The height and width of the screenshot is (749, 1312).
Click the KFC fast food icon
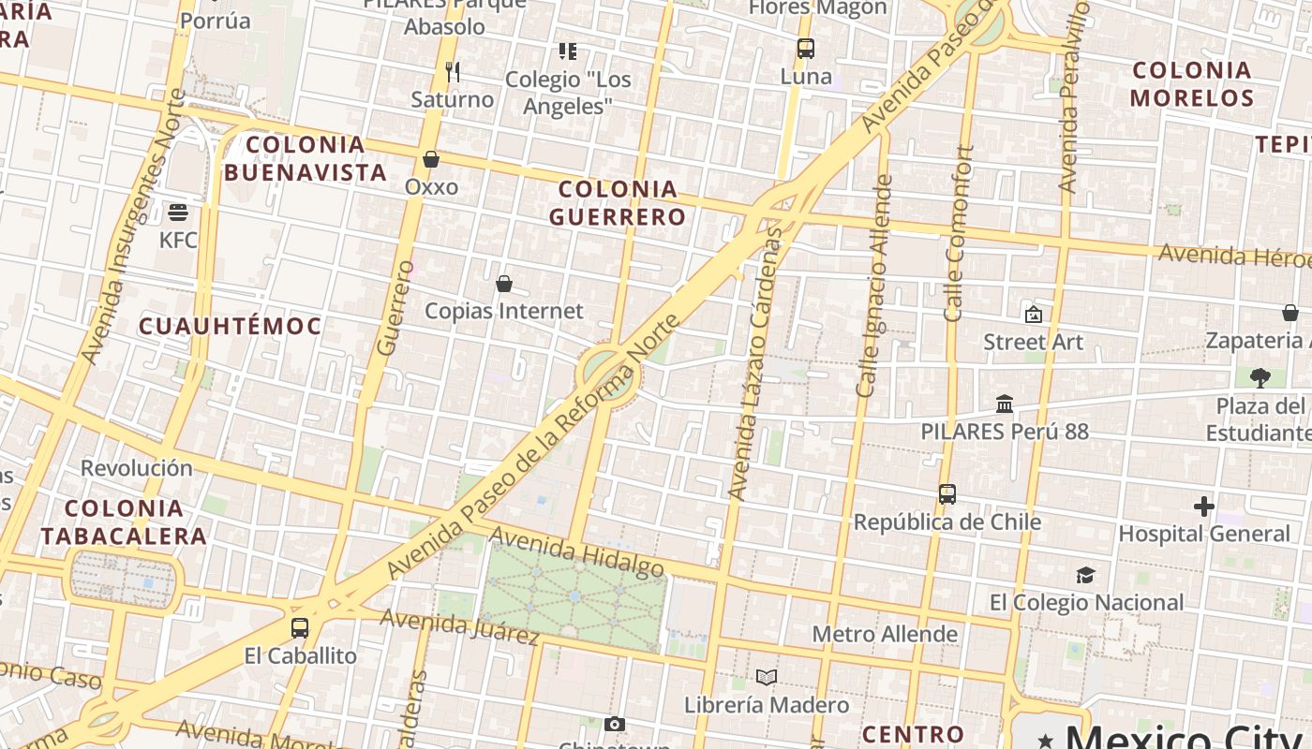coord(178,212)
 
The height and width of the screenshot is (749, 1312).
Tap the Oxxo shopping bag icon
coord(431,159)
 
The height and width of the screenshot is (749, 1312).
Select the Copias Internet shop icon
coord(504,283)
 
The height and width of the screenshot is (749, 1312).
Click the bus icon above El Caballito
coord(300,628)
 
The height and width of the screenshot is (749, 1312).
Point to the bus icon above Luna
coord(806,49)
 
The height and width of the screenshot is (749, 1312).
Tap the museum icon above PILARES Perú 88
coord(1005,404)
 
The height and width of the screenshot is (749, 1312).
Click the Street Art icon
coord(1034,315)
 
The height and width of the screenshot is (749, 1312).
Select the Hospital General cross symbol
coord(1204,507)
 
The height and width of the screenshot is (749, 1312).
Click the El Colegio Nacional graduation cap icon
coord(1085,575)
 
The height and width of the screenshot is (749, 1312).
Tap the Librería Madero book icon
coord(767,677)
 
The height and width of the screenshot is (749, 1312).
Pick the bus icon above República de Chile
coord(947,493)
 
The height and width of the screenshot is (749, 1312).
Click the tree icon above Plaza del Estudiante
coord(1260,378)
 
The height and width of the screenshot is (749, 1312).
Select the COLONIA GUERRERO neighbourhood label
coord(618,203)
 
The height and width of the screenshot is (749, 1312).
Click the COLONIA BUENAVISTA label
coord(306,158)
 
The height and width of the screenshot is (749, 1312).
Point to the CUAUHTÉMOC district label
coord(231,326)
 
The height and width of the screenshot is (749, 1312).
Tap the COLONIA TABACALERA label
coord(124,522)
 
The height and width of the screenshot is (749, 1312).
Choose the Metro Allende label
coord(885,634)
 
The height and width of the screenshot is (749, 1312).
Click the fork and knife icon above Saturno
coord(453,72)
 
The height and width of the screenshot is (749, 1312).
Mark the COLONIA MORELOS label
coord(1192,84)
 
